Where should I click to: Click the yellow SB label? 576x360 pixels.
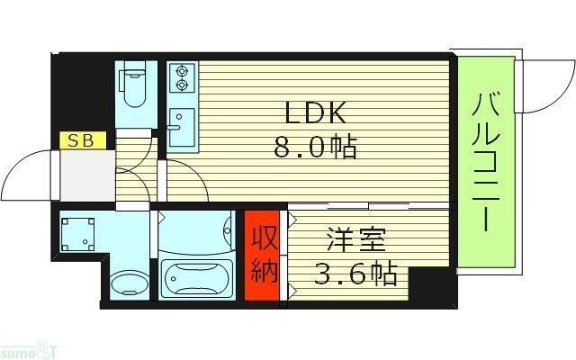82,139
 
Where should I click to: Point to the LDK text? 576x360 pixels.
315,113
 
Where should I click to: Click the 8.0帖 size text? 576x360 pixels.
315,146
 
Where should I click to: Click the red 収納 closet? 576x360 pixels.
264,256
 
